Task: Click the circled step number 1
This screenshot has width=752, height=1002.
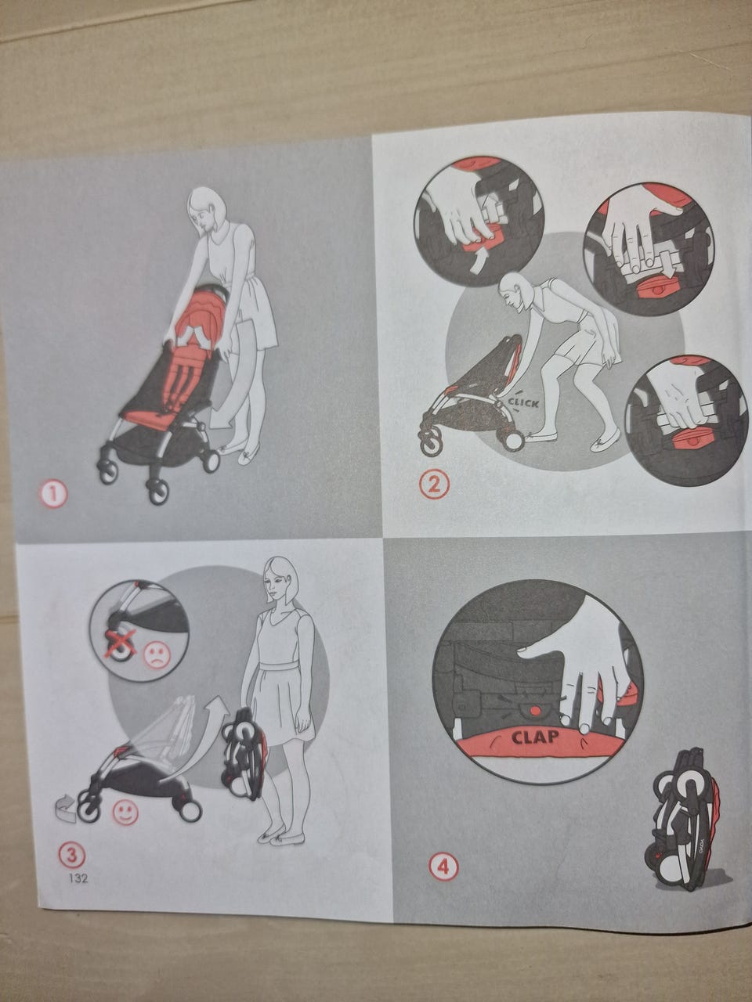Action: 54,495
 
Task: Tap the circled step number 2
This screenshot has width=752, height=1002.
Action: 434,485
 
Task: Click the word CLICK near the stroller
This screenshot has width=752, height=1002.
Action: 523,403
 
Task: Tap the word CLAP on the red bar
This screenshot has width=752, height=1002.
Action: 535,737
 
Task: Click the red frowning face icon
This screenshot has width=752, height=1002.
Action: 157,655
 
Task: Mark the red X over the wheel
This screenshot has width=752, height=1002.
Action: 121,643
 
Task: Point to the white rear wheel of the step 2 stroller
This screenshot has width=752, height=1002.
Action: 515,440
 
